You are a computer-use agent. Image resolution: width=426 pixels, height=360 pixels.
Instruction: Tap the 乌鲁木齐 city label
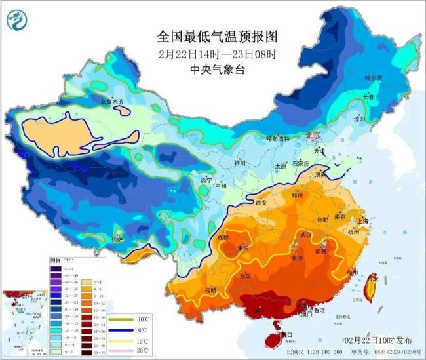111,102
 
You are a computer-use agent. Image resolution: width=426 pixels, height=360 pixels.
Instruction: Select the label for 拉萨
118,239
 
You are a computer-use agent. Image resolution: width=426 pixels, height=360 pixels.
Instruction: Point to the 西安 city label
260,203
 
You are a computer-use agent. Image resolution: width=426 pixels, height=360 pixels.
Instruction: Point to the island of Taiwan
372,285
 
